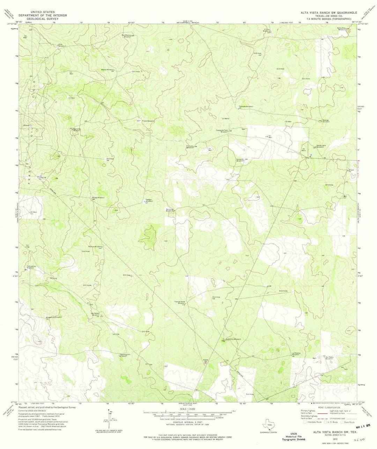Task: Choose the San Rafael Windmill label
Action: (x=95, y=314)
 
